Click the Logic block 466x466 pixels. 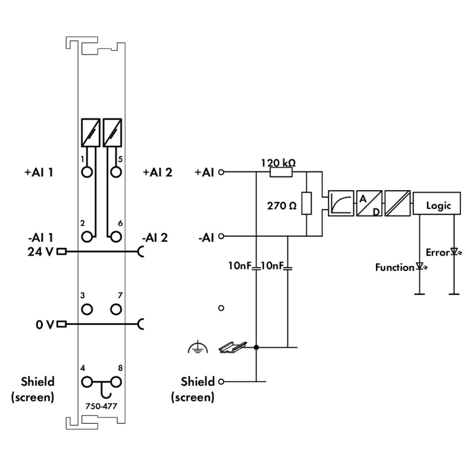(x=437, y=203)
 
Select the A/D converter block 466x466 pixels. (x=369, y=203)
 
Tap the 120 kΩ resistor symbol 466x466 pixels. (x=281, y=172)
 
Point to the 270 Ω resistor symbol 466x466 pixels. (x=306, y=203)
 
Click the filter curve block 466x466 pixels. (x=341, y=203)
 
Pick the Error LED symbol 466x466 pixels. (x=455, y=252)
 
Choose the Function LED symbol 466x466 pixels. (x=420, y=266)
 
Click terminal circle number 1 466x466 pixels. (x=87, y=172)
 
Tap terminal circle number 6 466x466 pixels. (x=116, y=237)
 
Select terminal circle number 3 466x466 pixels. (x=87, y=309)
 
